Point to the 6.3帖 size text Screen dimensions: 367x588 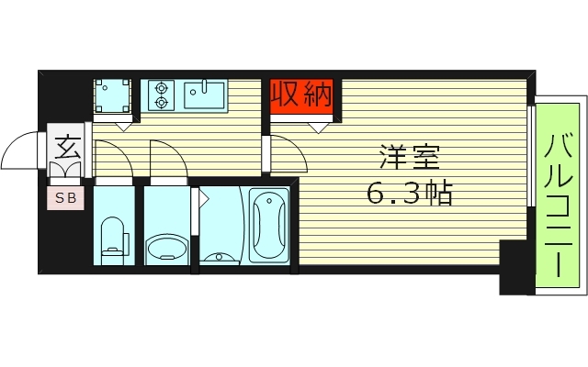[x=409, y=194]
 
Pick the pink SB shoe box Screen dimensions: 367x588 [x=66, y=197]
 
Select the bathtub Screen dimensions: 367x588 [x=269, y=224]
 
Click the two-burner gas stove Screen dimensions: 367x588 [x=162, y=95]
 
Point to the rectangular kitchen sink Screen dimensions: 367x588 [x=205, y=94]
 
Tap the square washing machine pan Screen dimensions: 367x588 [x=114, y=95]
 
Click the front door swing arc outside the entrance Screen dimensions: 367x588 [x=20, y=151]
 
